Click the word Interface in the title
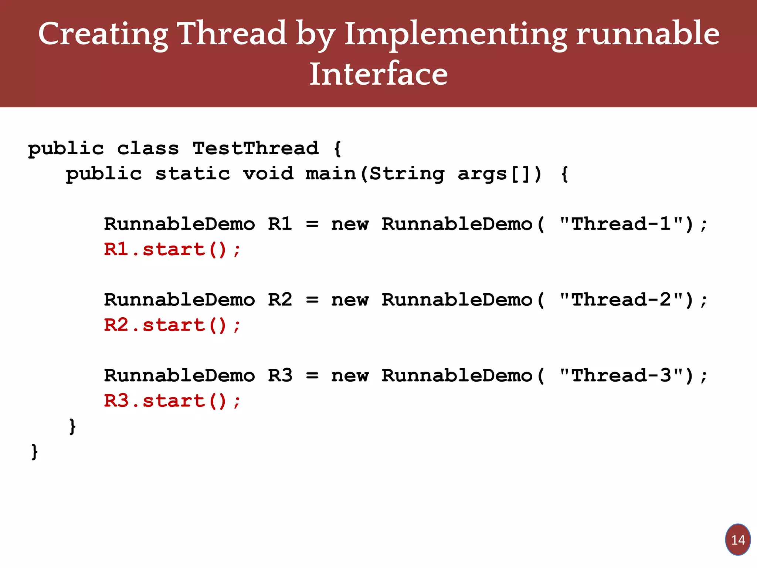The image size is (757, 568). pyautogui.click(x=378, y=74)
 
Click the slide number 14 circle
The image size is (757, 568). pyautogui.click(x=738, y=540)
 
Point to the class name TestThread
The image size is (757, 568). pyautogui.click(x=255, y=148)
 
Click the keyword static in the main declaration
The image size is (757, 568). pyautogui.click(x=193, y=173)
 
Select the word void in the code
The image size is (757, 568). pyautogui.click(x=268, y=173)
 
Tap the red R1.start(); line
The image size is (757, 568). pyautogui.click(x=172, y=249)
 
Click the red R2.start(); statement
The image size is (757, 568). pyautogui.click(x=172, y=325)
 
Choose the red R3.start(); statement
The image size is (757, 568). pyautogui.click(x=172, y=401)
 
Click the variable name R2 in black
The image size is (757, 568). pyautogui.click(x=280, y=300)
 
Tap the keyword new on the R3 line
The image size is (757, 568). pyautogui.click(x=350, y=376)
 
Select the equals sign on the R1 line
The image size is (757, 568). pyautogui.click(x=312, y=224)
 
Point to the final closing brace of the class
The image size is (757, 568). pyautogui.click(x=34, y=452)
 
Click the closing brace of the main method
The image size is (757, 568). pyautogui.click(x=72, y=426)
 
